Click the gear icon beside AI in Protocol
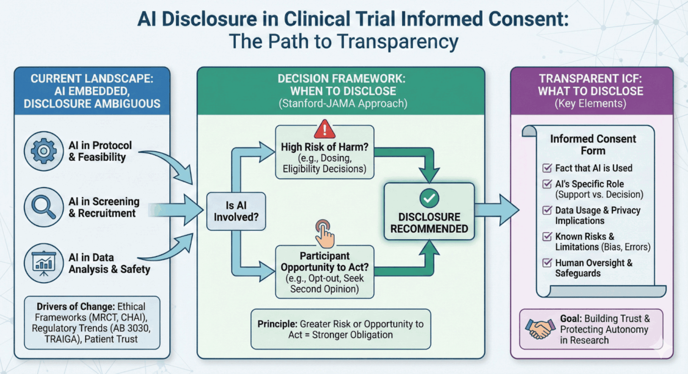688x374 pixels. pyautogui.click(x=44, y=151)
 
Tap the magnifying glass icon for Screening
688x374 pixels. pyautogui.click(x=44, y=207)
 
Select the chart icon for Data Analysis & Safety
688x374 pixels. pyautogui.click(x=44, y=263)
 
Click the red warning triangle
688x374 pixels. pyautogui.click(x=325, y=130)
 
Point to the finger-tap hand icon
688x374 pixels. pyautogui.click(x=325, y=234)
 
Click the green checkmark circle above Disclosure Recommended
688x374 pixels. pyautogui.click(x=429, y=198)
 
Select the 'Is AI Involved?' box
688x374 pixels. pyautogui.click(x=236, y=211)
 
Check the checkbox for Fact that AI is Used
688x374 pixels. pyautogui.click(x=547, y=168)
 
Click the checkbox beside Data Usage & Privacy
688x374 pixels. pyautogui.click(x=547, y=210)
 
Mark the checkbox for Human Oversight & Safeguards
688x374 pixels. pyautogui.click(x=547, y=263)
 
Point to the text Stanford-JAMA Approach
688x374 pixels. pyautogui.click(x=343, y=104)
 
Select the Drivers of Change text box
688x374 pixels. pyautogui.click(x=92, y=322)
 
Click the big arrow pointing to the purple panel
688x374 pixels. pyautogui.click(x=498, y=210)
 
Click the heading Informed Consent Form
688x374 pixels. pyautogui.click(x=593, y=145)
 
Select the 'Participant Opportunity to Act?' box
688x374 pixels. pyautogui.click(x=325, y=272)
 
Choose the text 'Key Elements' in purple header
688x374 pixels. pyautogui.click(x=591, y=104)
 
